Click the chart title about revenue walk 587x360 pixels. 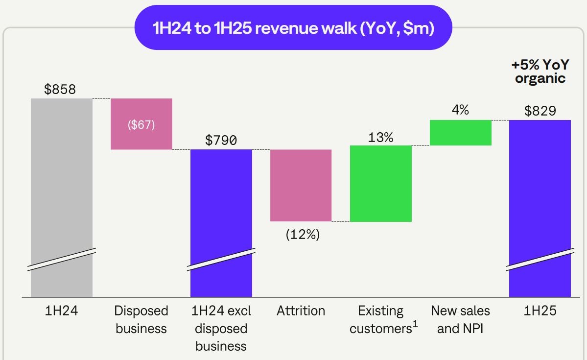[293, 28]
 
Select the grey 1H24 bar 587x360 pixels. [62, 196]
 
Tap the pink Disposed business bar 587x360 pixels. [141, 124]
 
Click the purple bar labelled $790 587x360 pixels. [221, 220]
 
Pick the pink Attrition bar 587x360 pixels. [301, 185]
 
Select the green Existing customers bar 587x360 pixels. [381, 184]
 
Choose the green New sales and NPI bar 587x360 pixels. [461, 133]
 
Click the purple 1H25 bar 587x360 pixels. [540, 206]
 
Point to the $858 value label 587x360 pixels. [60, 90]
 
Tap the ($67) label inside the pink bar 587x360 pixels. [141, 124]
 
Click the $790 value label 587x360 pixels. [221, 141]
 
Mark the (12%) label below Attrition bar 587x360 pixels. [303, 235]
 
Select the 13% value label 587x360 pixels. [380, 137]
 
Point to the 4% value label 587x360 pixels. [460, 110]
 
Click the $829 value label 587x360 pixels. [540, 111]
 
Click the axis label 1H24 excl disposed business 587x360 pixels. [221, 329]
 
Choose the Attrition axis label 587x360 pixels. [301, 311]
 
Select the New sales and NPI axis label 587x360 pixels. [460, 320]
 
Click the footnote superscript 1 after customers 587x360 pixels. [415, 324]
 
